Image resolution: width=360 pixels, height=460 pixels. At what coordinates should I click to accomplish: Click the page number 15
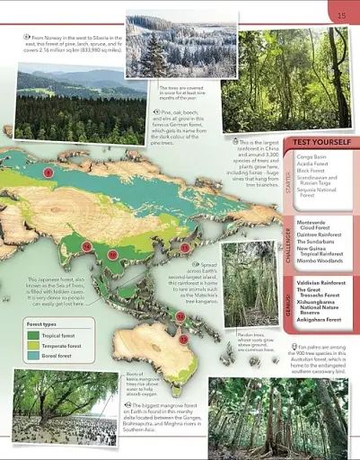(341, 15)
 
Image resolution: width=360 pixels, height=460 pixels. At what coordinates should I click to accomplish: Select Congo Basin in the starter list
(310, 157)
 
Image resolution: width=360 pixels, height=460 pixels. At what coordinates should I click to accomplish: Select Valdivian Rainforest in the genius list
(322, 282)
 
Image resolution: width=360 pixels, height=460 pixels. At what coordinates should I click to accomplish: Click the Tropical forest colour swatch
(33, 335)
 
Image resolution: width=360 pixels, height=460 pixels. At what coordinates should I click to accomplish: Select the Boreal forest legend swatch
(33, 359)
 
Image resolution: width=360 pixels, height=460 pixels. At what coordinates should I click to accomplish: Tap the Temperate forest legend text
(59, 348)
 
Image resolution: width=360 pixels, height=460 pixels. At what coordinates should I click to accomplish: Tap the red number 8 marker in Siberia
(48, 172)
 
